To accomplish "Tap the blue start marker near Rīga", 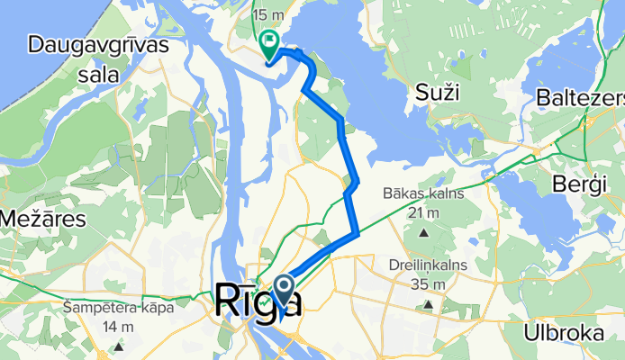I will click(285, 291).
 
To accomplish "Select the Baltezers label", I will click(581, 95).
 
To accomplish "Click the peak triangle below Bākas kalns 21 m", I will click(423, 233).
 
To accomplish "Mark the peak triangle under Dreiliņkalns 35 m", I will click(428, 305).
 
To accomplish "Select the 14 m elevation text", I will click(120, 327).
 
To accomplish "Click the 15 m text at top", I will click(267, 15).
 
